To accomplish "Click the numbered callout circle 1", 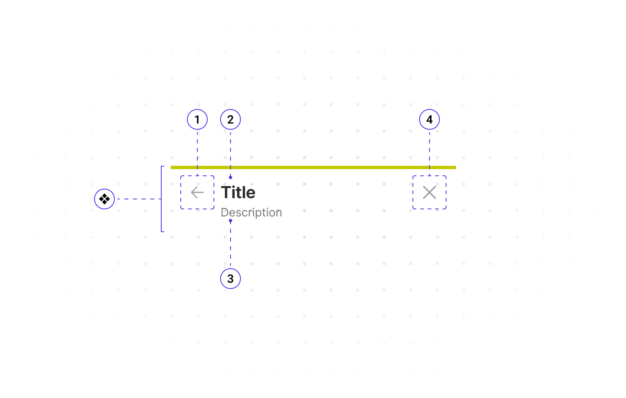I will click(197, 119).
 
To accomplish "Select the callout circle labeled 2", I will click(231, 119).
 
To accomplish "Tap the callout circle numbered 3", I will click(231, 279).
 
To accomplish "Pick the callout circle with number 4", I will click(429, 119).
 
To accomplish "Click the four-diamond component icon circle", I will click(104, 199).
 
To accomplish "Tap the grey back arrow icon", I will click(197, 192).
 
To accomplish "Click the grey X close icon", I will click(429, 192).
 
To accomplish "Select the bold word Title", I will click(238, 192).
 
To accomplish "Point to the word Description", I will click(251, 212).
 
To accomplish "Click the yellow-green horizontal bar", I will click(313, 167).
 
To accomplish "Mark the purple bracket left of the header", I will click(161, 199).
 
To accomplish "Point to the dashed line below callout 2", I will click(231, 151).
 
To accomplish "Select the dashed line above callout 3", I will click(231, 245).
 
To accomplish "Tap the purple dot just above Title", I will click(231, 177).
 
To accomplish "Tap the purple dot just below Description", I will click(231, 221).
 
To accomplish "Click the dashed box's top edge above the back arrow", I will click(197, 176).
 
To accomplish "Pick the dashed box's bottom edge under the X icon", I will click(429, 209).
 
